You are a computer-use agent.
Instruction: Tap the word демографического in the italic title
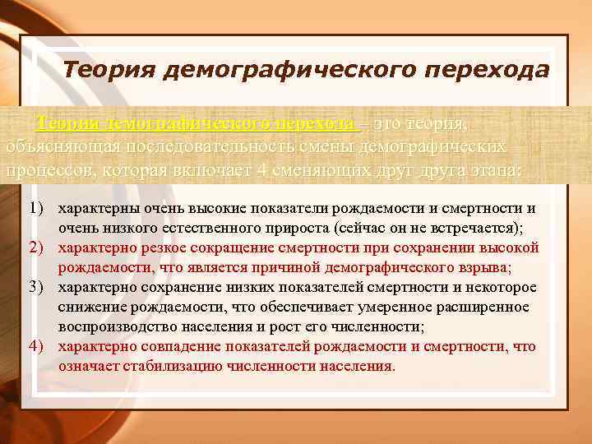pos(280,71)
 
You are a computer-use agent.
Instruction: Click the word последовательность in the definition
pos(197,147)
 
